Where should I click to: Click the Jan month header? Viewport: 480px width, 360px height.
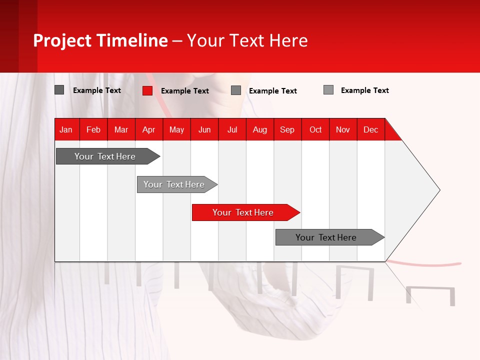point(66,129)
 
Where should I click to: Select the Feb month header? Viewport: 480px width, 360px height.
point(93,129)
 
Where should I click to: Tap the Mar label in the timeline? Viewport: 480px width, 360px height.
point(121,129)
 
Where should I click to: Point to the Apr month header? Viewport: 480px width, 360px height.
point(149,129)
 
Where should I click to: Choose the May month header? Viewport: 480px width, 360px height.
point(176,129)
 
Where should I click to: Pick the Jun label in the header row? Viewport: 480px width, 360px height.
point(204,129)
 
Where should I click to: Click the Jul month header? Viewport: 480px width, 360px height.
point(232,129)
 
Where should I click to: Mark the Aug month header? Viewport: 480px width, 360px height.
point(260,129)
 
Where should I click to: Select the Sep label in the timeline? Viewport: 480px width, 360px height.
point(287,129)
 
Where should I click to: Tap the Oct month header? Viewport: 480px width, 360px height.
point(315,129)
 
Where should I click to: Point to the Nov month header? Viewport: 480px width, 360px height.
point(343,129)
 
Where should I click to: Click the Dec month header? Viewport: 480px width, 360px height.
point(371,129)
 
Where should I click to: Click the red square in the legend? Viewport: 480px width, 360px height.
point(147,90)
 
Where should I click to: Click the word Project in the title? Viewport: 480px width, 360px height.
point(63,40)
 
